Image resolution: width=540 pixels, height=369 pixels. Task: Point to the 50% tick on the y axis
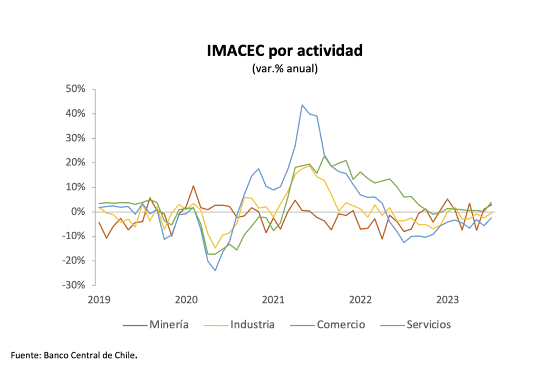(75, 89)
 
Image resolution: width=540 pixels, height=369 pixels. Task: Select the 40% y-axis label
(75, 113)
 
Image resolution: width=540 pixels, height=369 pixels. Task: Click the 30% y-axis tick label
(75, 138)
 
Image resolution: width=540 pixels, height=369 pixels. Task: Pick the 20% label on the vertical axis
(75, 163)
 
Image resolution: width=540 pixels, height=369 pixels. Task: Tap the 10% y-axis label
(75, 187)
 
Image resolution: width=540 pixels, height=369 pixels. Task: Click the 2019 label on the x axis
(99, 300)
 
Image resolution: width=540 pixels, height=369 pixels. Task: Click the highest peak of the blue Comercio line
(302, 105)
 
